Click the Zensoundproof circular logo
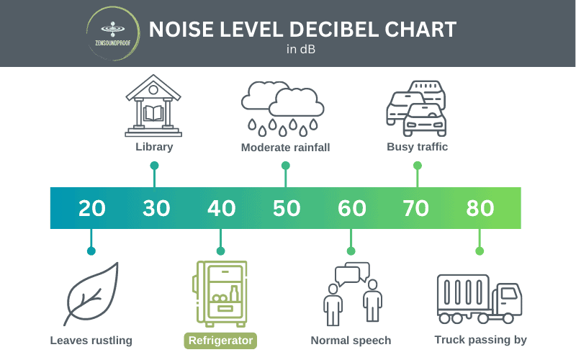click(110, 33)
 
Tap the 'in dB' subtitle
click(301, 50)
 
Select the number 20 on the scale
click(91, 208)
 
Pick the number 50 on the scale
click(287, 208)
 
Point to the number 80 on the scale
click(480, 208)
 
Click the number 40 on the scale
click(221, 208)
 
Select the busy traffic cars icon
click(417, 108)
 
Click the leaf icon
click(91, 294)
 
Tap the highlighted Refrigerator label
click(221, 340)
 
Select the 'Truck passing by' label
click(481, 340)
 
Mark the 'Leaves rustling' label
click(91, 340)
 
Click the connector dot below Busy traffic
click(417, 165)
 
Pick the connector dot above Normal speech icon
click(351, 251)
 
